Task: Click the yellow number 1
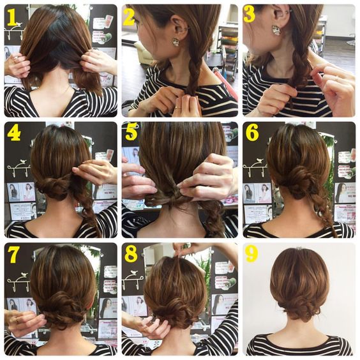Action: click(12, 18)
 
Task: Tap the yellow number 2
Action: click(129, 17)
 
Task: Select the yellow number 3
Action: click(250, 14)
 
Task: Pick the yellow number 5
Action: click(131, 131)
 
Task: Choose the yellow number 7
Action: click(13, 255)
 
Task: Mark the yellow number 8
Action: click(131, 253)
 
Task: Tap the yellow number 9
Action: click(251, 254)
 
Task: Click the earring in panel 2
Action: click(176, 41)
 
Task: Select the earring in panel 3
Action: click(276, 30)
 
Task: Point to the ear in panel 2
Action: click(179, 27)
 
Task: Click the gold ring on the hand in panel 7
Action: click(17, 319)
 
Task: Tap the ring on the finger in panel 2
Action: click(178, 107)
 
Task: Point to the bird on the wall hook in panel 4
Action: click(22, 161)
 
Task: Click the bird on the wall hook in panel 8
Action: click(134, 273)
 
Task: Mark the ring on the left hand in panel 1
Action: click(16, 60)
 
